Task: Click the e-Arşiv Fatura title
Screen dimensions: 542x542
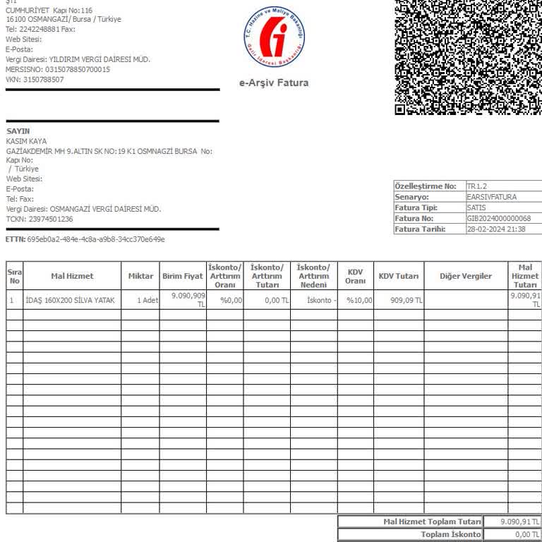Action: pyautogui.click(x=274, y=83)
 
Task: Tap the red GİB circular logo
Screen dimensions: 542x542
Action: pyautogui.click(x=274, y=35)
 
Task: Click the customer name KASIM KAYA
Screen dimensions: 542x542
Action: pyautogui.click(x=26, y=141)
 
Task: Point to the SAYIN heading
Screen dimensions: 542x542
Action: pyautogui.click(x=18, y=131)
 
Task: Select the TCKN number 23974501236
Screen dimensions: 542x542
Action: pyautogui.click(x=49, y=219)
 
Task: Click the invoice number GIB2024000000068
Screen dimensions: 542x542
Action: pyautogui.click(x=499, y=219)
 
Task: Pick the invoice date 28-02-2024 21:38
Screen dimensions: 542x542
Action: pyautogui.click(x=496, y=229)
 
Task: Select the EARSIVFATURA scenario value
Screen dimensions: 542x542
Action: pyautogui.click(x=492, y=197)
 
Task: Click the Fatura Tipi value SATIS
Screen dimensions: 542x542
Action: pyautogui.click(x=476, y=208)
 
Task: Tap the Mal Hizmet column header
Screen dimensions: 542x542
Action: pyautogui.click(x=72, y=276)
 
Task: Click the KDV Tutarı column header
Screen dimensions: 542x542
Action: pyautogui.click(x=399, y=276)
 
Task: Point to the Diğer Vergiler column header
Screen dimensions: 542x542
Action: pyautogui.click(x=466, y=276)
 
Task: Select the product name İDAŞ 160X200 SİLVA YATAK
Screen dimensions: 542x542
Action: pyautogui.click(x=70, y=301)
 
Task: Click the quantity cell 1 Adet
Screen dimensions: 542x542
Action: pyautogui.click(x=147, y=301)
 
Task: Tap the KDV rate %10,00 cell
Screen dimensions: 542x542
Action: pyautogui.click(x=359, y=301)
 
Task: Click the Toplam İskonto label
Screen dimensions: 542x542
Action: pyautogui.click(x=451, y=535)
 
